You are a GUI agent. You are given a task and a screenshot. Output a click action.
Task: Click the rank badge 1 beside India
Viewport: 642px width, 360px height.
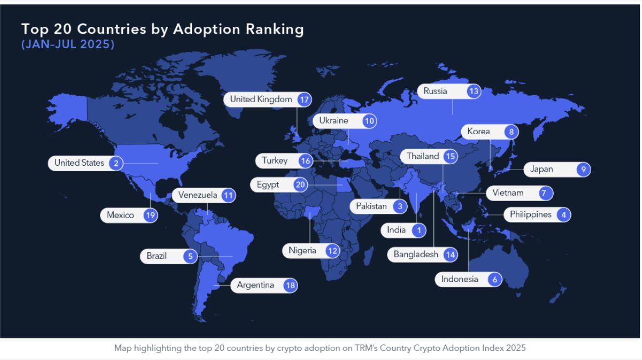pos(419,231)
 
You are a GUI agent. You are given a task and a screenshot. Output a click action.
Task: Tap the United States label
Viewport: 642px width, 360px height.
pos(79,163)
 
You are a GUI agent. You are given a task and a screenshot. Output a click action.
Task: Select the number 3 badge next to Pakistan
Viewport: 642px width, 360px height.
pos(399,206)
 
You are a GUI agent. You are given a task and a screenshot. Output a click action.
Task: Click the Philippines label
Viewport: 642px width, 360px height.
pos(530,215)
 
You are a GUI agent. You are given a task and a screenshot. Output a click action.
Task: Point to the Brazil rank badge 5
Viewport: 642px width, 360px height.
pos(190,256)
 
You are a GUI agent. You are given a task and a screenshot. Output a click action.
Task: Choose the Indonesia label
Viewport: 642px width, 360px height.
pos(460,279)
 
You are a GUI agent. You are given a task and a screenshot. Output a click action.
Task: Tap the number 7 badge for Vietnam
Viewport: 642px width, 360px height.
pos(545,193)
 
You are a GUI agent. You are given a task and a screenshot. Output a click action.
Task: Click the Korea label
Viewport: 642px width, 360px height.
pos(478,132)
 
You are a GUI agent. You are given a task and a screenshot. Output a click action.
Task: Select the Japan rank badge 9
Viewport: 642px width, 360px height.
pos(583,170)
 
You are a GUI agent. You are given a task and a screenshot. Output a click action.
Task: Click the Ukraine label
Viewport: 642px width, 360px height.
pos(334,121)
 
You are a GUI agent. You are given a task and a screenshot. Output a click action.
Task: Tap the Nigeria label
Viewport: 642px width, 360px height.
pos(302,250)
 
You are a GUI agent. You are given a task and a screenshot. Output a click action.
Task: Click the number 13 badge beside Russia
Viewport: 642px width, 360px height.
pos(473,91)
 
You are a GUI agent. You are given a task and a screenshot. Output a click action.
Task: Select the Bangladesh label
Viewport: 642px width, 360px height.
pos(416,255)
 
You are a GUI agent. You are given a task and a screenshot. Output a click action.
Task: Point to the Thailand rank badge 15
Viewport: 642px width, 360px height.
pos(450,157)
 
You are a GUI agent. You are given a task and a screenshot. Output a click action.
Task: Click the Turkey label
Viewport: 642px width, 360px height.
pos(274,160)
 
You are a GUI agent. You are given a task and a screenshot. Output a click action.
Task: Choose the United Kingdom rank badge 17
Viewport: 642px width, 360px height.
pos(304,99)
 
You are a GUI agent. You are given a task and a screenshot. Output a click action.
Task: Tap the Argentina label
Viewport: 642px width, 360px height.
pos(255,285)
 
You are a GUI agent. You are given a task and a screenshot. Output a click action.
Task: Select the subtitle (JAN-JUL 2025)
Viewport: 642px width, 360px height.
pos(68,45)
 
